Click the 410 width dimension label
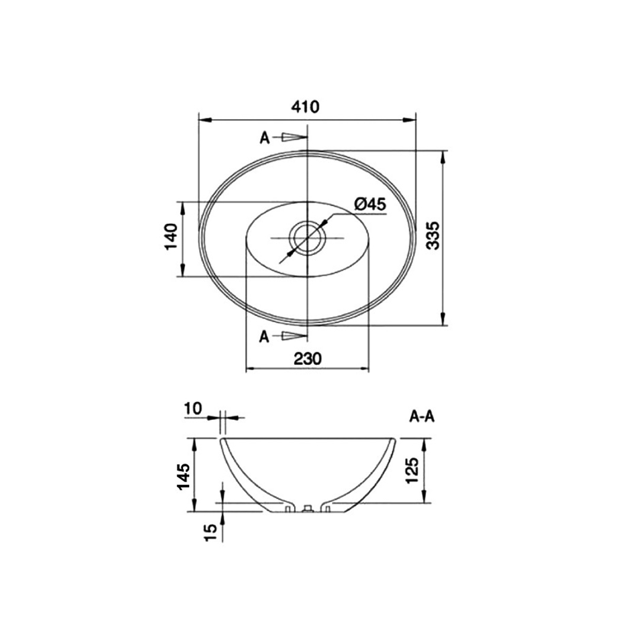[305, 107]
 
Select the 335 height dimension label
[433, 235]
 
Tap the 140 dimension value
[171, 237]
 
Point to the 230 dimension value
[308, 359]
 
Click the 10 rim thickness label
[193, 408]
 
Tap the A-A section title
[422, 417]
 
